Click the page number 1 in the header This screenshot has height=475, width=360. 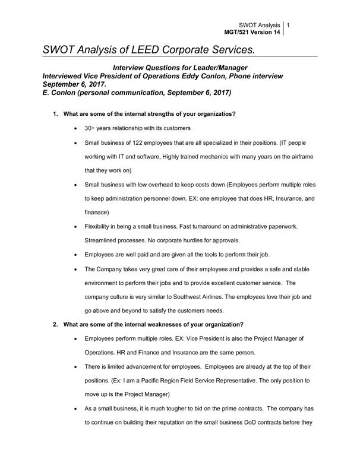coord(289,26)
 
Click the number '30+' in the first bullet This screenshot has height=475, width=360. coord(91,128)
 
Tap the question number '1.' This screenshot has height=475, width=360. coord(55,113)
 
